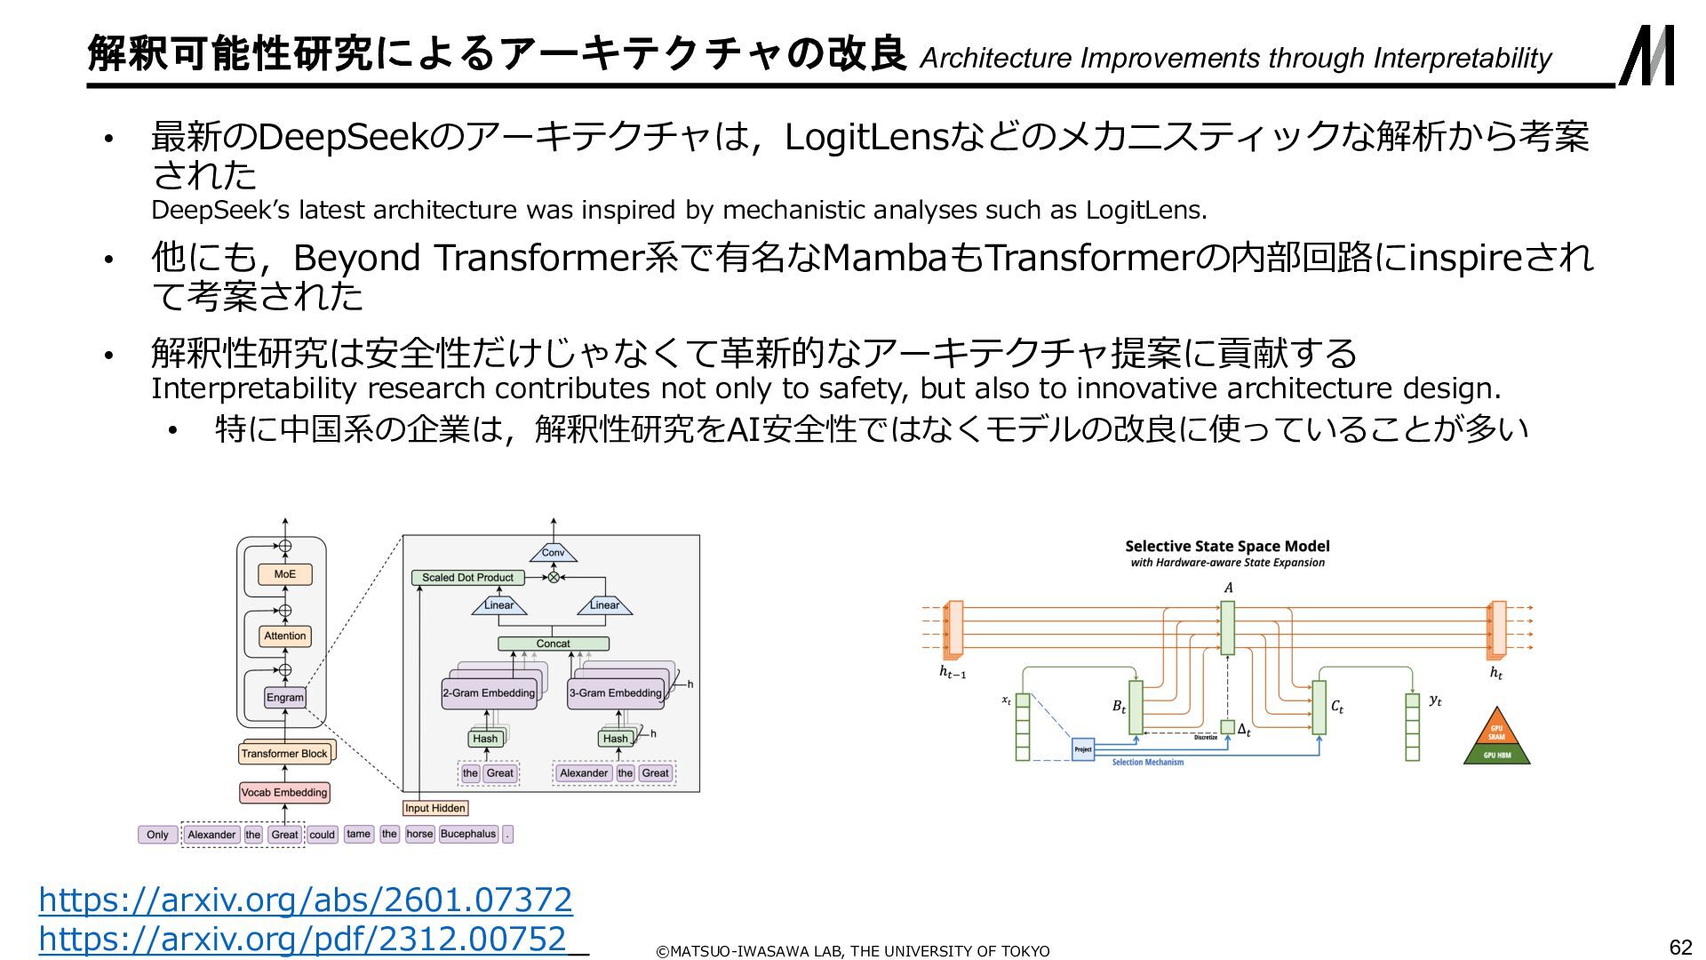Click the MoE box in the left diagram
point(284,574)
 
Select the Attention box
point(284,636)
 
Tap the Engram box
point(284,697)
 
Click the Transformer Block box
point(284,754)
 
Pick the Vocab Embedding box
point(284,792)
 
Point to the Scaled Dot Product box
point(467,578)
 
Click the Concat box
point(553,644)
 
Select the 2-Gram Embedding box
point(489,693)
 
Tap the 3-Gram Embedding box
point(616,693)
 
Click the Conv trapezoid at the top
point(553,553)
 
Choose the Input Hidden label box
point(434,808)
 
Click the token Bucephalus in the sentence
point(468,834)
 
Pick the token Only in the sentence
point(157,835)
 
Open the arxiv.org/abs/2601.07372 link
point(305,900)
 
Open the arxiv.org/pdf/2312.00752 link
point(302,939)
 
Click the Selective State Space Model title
point(1227,547)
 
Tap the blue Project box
point(1082,749)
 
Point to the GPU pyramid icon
point(1496,738)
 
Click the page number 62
point(1680,947)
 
